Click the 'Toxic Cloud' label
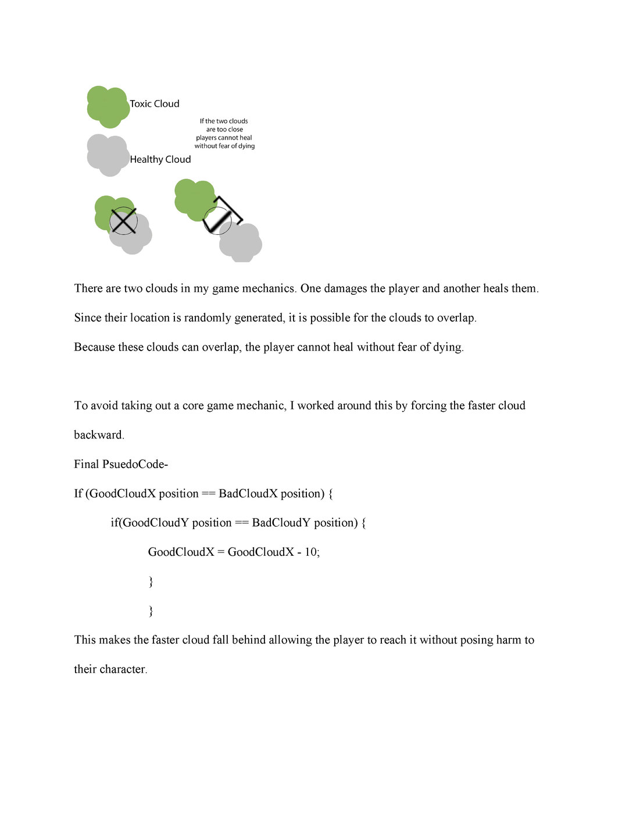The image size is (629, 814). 154,104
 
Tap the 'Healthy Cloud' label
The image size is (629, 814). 160,160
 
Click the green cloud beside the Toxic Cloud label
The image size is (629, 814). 108,106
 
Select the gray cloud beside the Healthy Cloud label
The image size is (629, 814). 108,155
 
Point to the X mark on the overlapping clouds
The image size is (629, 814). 123,221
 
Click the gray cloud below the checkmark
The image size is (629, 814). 241,243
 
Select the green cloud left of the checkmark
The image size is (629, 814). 194,199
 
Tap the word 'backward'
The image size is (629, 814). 98,435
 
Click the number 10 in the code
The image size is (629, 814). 311,552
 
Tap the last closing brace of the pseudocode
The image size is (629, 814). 151,610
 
